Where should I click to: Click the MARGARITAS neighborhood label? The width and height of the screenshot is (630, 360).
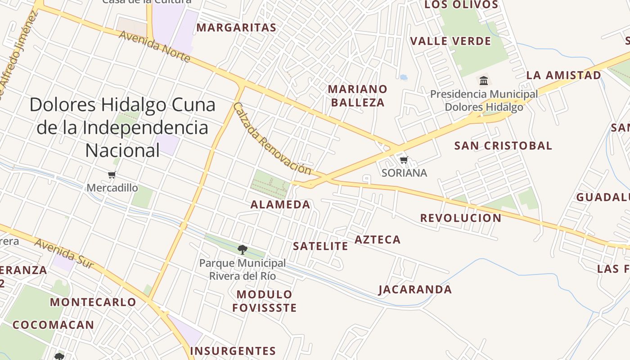tap(236, 28)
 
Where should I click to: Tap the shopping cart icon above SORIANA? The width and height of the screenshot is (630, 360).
tap(404, 160)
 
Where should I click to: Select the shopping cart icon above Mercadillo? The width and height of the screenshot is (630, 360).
tap(112, 175)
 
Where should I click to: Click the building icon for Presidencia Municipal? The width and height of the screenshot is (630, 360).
tap(484, 81)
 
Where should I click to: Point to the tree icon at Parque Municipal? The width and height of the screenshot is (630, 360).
tap(243, 249)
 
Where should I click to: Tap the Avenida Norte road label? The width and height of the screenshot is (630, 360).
tap(154, 46)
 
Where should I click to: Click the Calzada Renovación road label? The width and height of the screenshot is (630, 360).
tap(272, 139)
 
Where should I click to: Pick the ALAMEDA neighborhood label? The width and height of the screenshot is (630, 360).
tap(280, 205)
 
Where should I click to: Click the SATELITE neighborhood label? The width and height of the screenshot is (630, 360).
tap(320, 246)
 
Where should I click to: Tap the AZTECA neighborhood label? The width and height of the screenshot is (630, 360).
tap(378, 240)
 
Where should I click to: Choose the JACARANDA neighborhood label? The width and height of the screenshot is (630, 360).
tap(415, 289)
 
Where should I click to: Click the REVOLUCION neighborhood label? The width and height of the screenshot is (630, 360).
tap(461, 218)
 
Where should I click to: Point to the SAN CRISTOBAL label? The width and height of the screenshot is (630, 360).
tap(503, 146)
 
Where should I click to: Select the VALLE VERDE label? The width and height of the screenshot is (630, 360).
tap(450, 41)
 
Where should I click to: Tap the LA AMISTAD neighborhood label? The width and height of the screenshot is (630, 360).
tap(563, 75)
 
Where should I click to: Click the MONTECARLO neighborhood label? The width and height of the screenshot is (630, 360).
tap(93, 302)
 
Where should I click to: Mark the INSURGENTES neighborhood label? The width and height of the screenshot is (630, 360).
tap(233, 351)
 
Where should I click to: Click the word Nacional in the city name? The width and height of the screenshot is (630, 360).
tap(122, 150)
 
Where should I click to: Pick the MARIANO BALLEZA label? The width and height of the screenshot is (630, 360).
tap(358, 95)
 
